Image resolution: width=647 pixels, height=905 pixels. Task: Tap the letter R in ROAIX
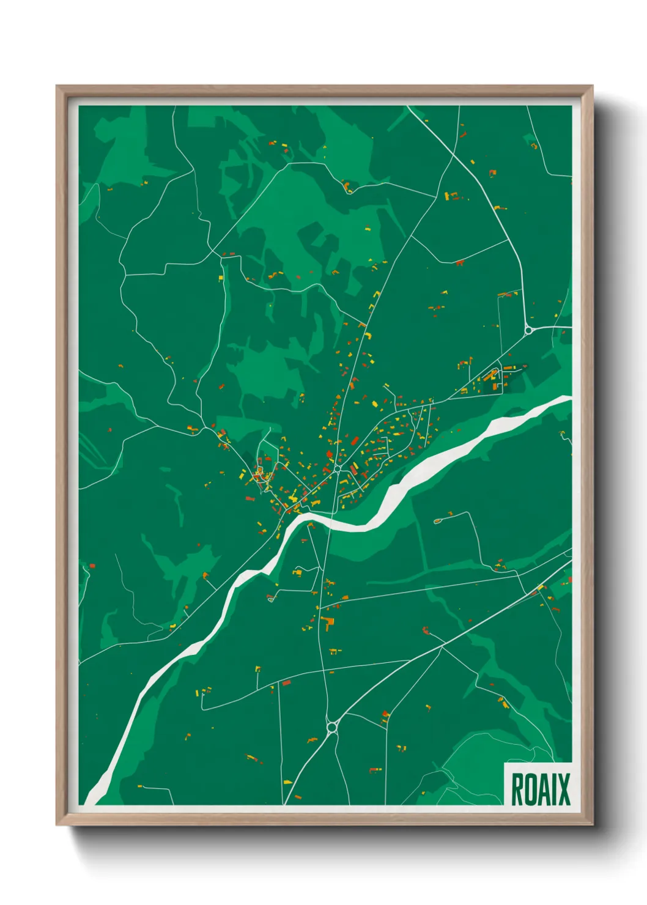pyautogui.click(x=517, y=789)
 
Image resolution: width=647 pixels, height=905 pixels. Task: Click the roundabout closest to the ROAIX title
pyautogui.click(x=333, y=727)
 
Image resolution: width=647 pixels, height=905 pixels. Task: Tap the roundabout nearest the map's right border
pyautogui.click(x=528, y=330)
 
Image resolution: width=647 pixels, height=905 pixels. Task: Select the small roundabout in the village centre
pyautogui.click(x=338, y=469)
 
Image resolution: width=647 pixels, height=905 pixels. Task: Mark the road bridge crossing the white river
pyautogui.click(x=330, y=522)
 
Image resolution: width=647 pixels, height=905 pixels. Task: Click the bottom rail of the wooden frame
pyautogui.click(x=324, y=820)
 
